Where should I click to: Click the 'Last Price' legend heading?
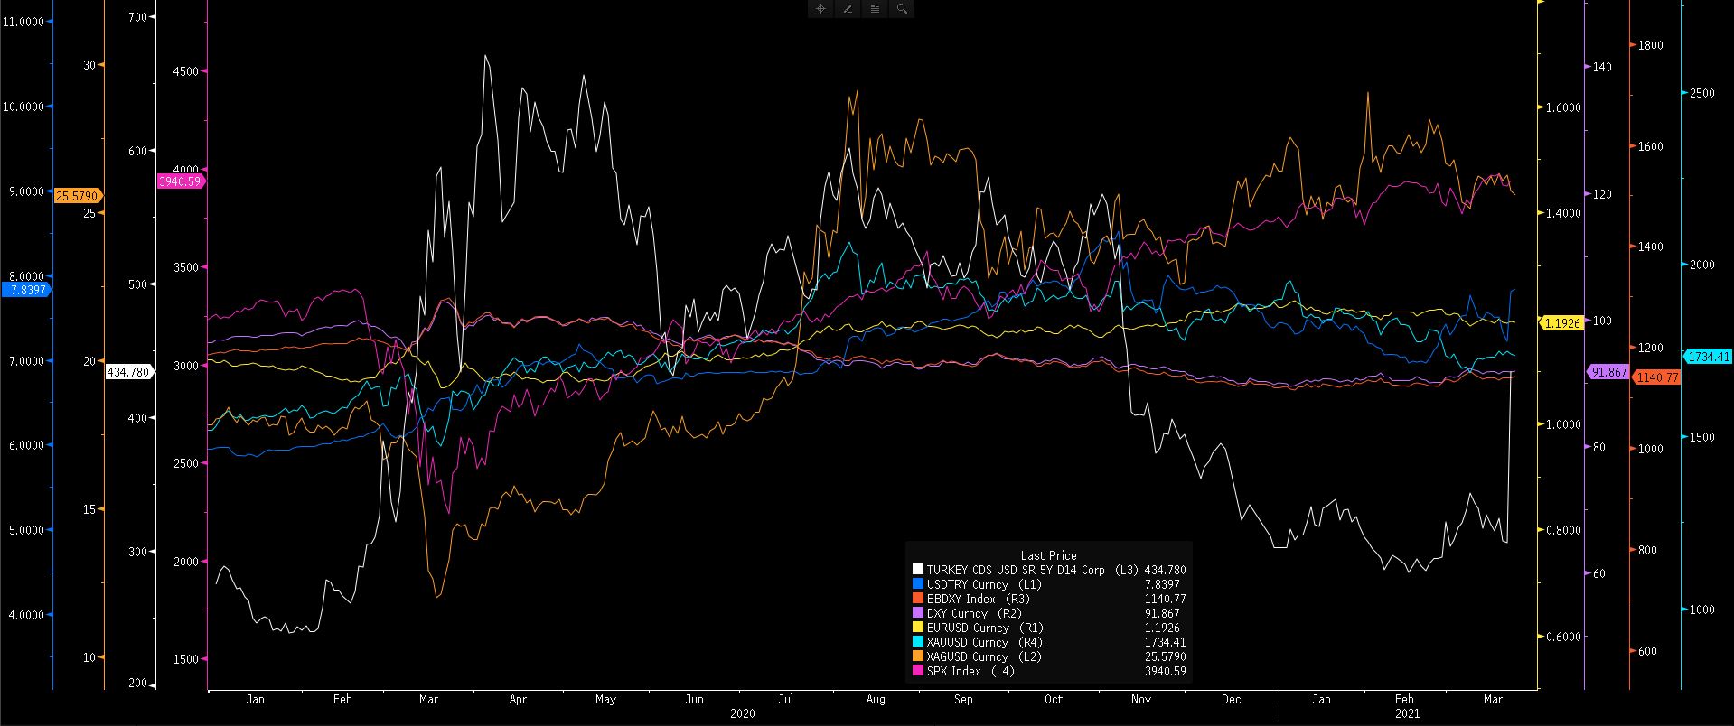(x=1048, y=555)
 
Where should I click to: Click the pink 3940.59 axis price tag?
(x=180, y=181)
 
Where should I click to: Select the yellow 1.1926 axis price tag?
(x=1561, y=323)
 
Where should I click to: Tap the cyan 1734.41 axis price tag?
(x=1708, y=357)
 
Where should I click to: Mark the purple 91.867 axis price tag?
(x=1607, y=372)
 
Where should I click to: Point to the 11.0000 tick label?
(x=24, y=21)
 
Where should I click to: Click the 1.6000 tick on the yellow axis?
(x=1563, y=107)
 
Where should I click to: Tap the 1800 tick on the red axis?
(x=1650, y=45)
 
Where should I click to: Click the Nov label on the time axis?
(x=1141, y=699)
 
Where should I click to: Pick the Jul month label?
(x=786, y=699)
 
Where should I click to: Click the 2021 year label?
(x=1407, y=713)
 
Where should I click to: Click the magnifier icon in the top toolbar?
(x=902, y=9)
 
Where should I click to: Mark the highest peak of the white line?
(x=486, y=55)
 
